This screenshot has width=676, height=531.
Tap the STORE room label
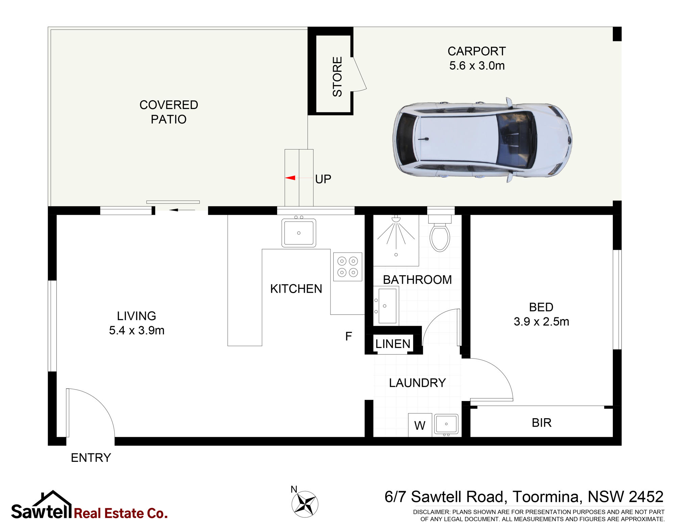pos(337,77)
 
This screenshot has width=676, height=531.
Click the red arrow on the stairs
pos(290,178)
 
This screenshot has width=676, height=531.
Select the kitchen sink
pos(299,233)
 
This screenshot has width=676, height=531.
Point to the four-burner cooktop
pos(347,267)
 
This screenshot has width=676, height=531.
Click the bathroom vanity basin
pos(386,306)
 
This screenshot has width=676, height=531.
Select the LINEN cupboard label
pos(393,344)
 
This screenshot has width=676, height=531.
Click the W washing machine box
pos(420,425)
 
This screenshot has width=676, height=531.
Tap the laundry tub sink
pos(446,424)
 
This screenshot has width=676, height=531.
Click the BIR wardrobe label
pos(541,423)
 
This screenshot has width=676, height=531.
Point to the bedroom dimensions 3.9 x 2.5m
pos(541,321)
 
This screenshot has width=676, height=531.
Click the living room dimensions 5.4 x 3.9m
pos(137,330)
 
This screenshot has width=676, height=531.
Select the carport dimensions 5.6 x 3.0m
pos(477,65)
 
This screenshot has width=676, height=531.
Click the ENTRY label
pos(91,457)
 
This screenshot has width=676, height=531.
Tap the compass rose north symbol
pos(305,504)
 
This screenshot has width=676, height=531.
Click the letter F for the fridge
pos(348,336)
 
